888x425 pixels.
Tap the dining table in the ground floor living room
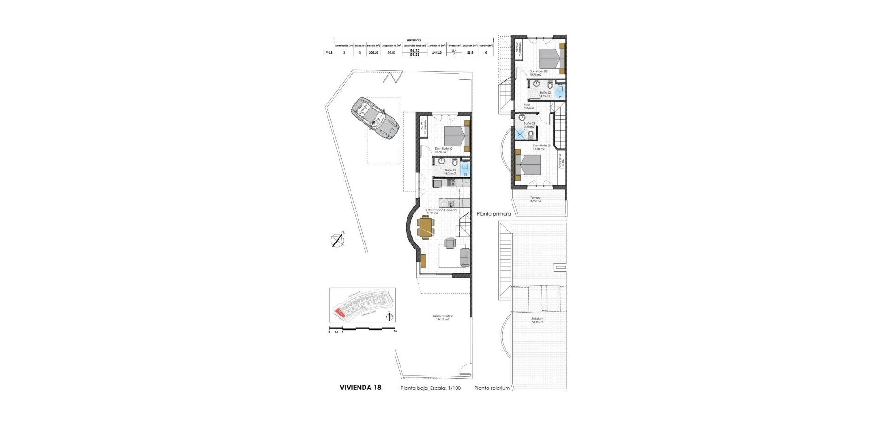point(102,227)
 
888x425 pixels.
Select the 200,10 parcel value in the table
point(373,53)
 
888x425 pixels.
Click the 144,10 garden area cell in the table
point(437,53)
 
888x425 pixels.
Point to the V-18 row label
point(329,53)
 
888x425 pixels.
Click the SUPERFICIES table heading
point(414,40)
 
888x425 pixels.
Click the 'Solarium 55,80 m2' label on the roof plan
point(537,320)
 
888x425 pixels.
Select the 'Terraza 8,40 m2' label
point(536,199)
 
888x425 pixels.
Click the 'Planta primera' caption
point(493,214)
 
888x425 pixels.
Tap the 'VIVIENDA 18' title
point(360,388)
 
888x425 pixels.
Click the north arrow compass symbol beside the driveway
point(338,239)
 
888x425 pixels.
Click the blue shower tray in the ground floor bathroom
point(465,169)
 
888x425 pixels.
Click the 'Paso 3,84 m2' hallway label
point(529,106)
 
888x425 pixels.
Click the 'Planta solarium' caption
point(492,388)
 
